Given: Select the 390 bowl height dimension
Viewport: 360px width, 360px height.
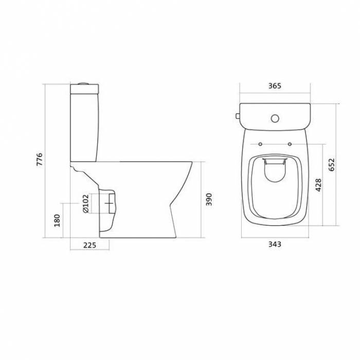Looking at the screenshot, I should coord(208,200).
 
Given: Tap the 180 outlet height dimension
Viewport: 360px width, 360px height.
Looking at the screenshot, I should coord(57,220).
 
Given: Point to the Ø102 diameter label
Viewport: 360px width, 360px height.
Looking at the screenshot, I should coord(85,203).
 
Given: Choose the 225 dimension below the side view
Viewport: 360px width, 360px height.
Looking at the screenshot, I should coord(90,245).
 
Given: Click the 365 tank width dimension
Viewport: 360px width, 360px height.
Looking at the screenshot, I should coord(275,86).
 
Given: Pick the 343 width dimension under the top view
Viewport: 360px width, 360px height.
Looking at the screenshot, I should coord(275,245).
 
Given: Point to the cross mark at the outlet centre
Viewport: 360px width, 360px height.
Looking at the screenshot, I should coord(109,204).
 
